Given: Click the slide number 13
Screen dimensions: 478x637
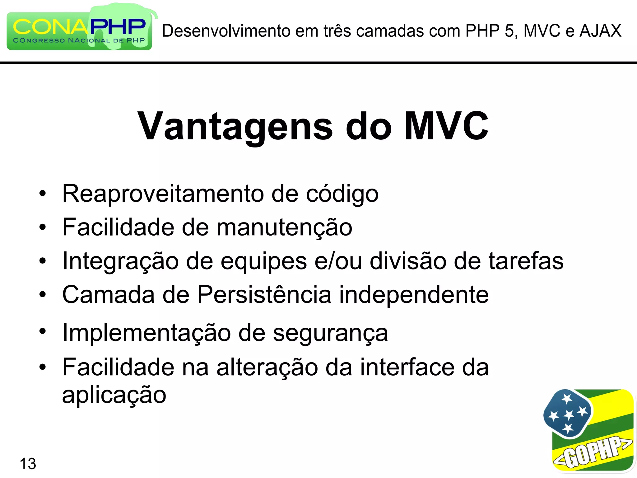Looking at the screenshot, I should pyautogui.click(x=28, y=464).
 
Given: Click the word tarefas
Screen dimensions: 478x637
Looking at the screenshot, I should pyautogui.click(x=526, y=261).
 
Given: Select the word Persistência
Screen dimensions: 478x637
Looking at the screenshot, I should pyautogui.click(x=264, y=295).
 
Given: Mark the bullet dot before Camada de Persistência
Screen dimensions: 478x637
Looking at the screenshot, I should pyautogui.click(x=43, y=294).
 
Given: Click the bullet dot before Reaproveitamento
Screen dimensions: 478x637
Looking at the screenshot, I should pyautogui.click(x=43, y=194).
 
